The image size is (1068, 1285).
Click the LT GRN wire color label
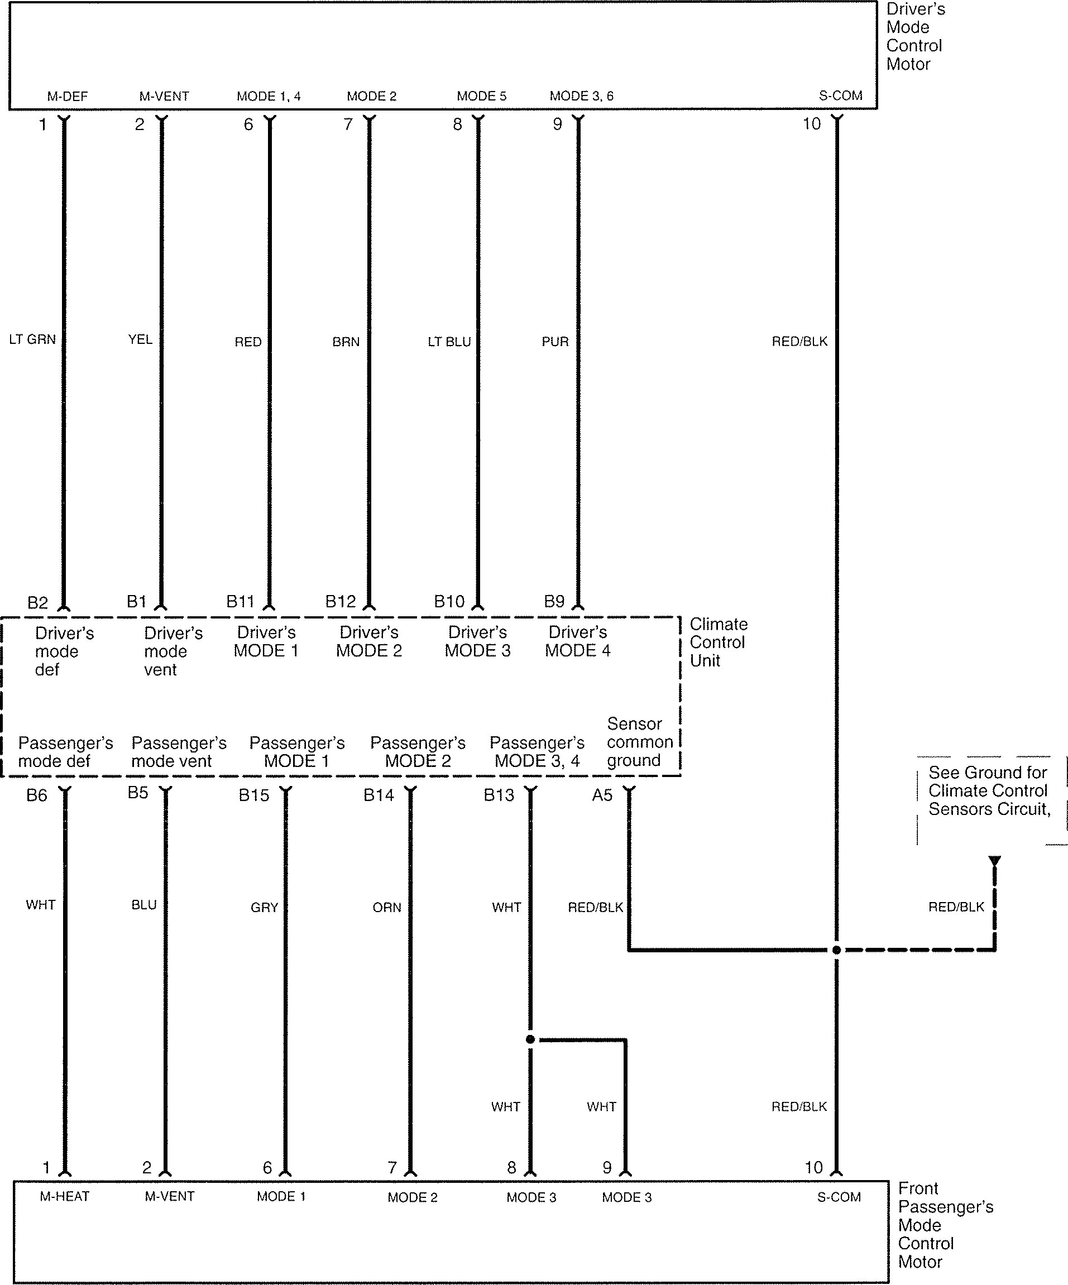(32, 339)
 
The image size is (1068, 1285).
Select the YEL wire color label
(140, 339)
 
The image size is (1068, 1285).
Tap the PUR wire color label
(555, 342)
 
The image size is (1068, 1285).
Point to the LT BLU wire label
(449, 342)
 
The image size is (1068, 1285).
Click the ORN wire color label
(387, 908)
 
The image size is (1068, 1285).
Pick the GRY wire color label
(265, 908)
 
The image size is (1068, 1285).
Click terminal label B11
(240, 602)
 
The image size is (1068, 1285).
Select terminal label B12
(341, 602)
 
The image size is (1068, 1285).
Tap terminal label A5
(602, 795)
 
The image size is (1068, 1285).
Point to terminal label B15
(254, 795)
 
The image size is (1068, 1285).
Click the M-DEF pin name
(68, 96)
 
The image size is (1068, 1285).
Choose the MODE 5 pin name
(482, 96)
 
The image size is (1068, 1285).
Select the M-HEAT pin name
(65, 1196)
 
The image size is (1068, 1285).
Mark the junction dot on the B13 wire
(530, 1039)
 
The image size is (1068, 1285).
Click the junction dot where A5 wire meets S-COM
(837, 950)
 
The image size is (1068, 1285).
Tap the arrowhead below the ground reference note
(994, 860)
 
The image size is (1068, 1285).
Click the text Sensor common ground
(640, 742)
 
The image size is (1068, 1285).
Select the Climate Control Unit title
(719, 642)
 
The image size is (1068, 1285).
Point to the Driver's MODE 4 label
(578, 641)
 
